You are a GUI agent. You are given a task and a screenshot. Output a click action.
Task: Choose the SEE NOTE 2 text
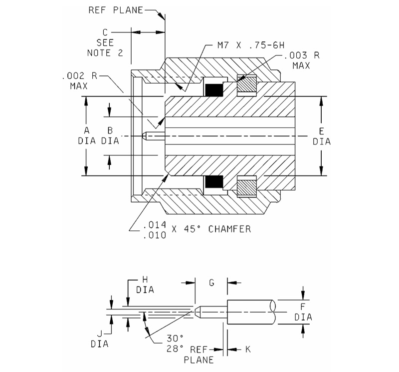(105, 47)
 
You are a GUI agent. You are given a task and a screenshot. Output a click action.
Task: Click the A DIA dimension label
(86, 135)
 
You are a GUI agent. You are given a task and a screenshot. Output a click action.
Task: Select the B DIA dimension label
(110, 135)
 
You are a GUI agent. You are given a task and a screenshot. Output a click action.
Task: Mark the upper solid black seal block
(214, 90)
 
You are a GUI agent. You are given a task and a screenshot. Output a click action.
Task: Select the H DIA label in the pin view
(145, 284)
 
